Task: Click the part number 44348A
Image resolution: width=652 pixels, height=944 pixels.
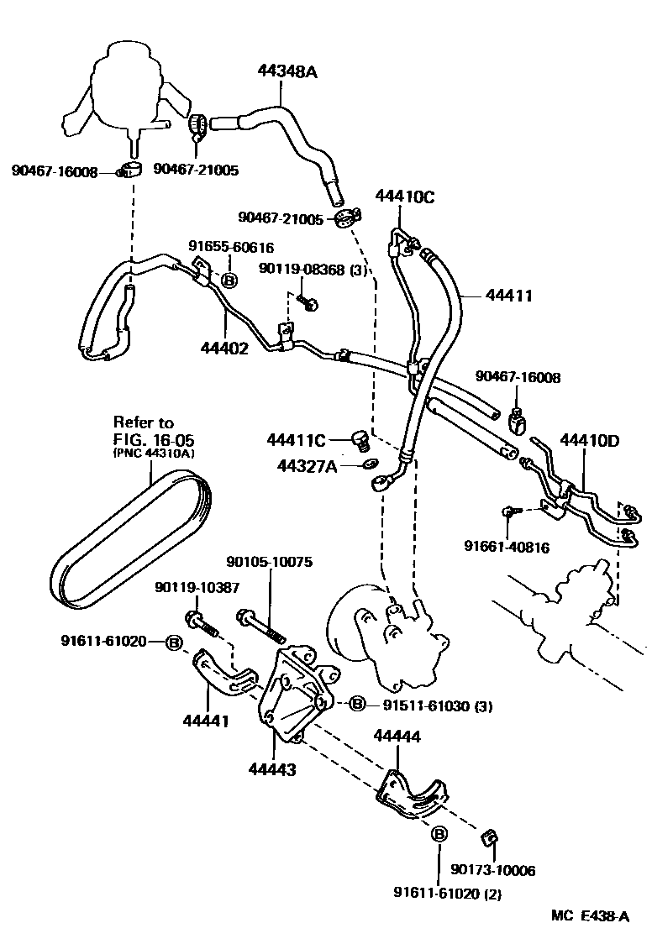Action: point(287,73)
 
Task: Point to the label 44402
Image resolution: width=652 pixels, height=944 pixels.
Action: point(224,347)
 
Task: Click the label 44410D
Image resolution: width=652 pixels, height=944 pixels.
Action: point(589,439)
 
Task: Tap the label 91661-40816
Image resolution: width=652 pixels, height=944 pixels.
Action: point(507,548)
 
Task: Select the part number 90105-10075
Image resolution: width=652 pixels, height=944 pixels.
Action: point(270,562)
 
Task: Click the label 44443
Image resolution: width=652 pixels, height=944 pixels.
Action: point(271,767)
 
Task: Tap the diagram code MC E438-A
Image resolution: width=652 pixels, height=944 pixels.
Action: point(590,916)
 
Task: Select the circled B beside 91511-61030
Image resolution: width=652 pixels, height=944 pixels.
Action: point(356,703)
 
